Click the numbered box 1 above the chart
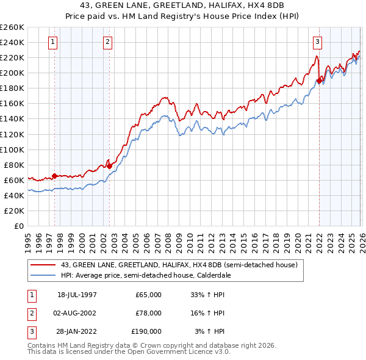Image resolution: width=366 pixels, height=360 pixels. [x=53, y=42]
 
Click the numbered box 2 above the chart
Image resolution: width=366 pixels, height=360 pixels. [x=107, y=42]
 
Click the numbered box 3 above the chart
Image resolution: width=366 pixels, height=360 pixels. [x=318, y=42]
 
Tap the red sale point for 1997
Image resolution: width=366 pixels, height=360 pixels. [x=55, y=176]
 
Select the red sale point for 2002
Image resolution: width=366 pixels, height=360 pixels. [x=109, y=165]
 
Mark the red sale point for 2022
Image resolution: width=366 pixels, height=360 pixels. [x=319, y=80]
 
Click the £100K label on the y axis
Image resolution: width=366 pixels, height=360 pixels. [x=12, y=149]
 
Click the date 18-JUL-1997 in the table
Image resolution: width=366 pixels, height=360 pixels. [x=77, y=295]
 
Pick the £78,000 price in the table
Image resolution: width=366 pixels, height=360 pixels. [x=148, y=313]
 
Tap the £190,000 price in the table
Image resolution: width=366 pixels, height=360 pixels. [x=146, y=331]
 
